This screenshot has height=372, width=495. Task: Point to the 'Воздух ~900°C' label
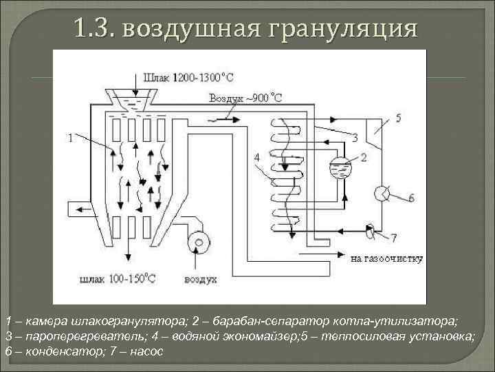coord(245,98)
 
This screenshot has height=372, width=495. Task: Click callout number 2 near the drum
coord(364,157)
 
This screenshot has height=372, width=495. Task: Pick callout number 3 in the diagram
coord(355,138)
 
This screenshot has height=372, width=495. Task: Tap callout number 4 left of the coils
coord(256,158)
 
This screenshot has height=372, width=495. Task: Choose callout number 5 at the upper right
coord(398,118)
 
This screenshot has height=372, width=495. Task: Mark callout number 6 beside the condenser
coord(410,198)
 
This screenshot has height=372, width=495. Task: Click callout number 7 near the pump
coord(393,238)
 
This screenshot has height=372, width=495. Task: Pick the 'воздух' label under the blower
coord(200,280)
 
